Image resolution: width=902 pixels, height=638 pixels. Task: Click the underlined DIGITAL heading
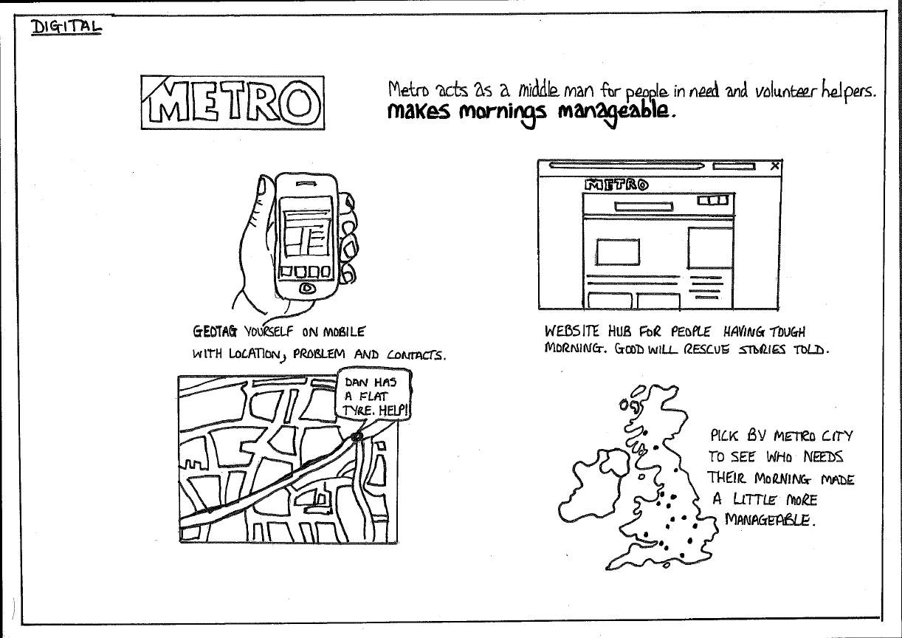66,27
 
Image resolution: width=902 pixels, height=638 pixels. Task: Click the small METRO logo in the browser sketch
616,185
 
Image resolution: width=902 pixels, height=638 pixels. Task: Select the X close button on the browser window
774,166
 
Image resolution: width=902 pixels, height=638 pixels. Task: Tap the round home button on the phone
307,288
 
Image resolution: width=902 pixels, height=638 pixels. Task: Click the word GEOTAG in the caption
215,332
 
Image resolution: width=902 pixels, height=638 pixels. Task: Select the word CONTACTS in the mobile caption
416,355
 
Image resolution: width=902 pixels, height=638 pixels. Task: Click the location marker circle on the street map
357,436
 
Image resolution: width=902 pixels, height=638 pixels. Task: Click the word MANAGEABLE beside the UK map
770,520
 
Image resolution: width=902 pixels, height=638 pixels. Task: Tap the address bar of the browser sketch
627,165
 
